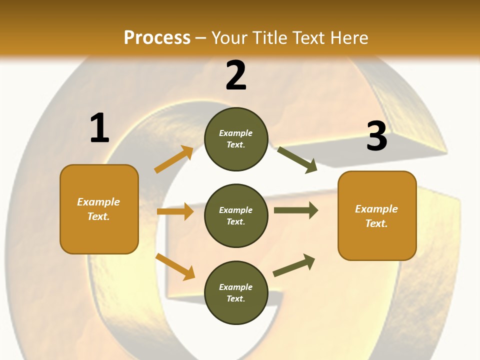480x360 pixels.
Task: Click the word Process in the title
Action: (157, 37)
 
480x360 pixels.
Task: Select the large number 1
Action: (99, 128)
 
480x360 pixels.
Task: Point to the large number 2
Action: (236, 75)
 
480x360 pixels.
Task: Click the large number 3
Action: (377, 136)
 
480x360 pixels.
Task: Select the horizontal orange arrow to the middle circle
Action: (175, 211)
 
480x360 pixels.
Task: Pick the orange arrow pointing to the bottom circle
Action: (175, 266)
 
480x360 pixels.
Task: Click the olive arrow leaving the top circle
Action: (297, 159)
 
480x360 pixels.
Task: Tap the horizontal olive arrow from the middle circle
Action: (295, 210)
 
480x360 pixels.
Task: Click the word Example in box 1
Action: (98, 202)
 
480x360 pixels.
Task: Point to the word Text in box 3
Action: (376, 223)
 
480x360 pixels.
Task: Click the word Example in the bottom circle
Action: (236, 287)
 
